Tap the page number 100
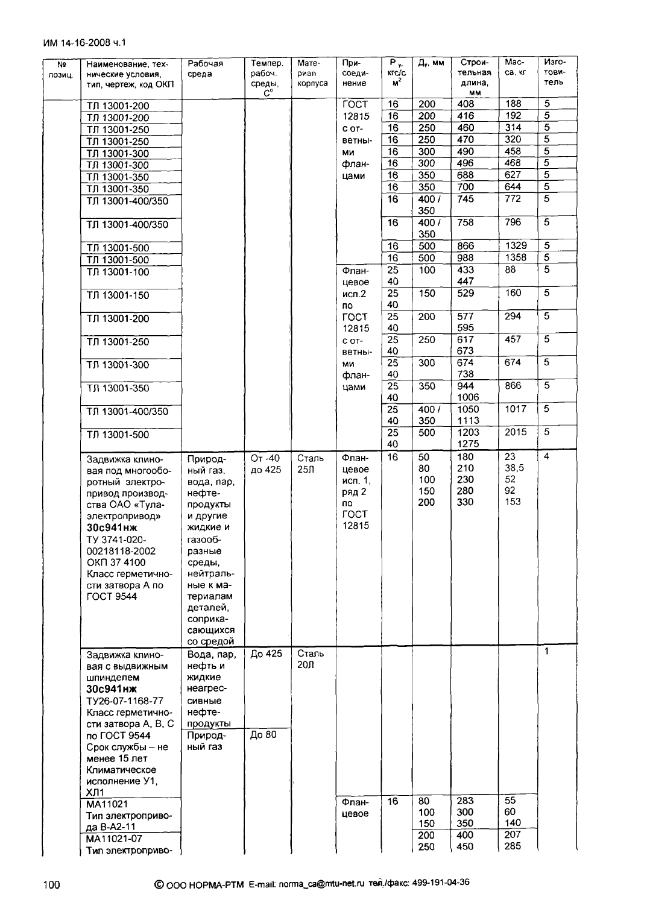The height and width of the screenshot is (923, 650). (x=52, y=884)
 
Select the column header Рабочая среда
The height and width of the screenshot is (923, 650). (x=205, y=69)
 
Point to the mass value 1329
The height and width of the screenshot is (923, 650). (x=516, y=246)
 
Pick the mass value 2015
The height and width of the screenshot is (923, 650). (x=516, y=432)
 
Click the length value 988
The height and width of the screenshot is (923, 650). (x=465, y=258)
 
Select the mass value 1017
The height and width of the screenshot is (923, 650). (x=516, y=409)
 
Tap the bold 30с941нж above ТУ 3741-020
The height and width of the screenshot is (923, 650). (x=112, y=528)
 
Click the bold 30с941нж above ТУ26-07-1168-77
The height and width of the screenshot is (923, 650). (x=112, y=689)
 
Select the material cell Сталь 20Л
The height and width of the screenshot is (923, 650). (x=311, y=659)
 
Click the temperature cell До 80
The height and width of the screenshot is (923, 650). (x=263, y=735)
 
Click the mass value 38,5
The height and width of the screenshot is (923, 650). (x=514, y=468)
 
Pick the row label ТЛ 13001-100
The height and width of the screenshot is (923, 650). (x=118, y=272)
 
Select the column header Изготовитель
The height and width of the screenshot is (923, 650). (x=554, y=72)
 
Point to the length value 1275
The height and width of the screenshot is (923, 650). (x=468, y=444)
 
